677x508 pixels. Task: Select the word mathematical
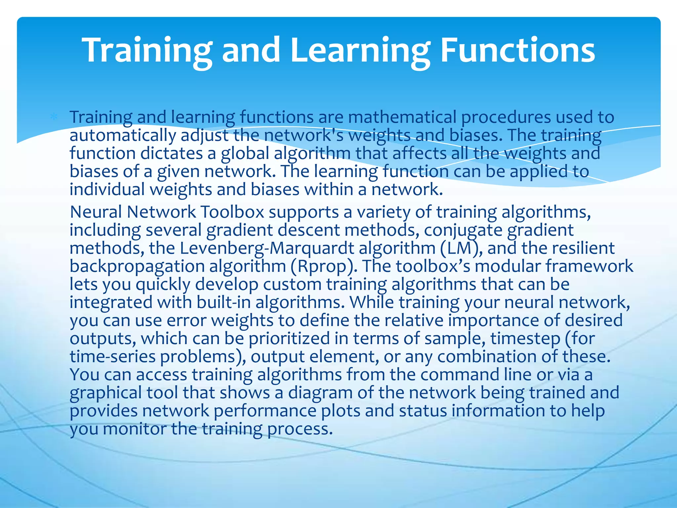pos(402,117)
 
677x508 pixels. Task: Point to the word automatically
pos(123,136)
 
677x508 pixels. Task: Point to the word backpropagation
pos(137,266)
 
